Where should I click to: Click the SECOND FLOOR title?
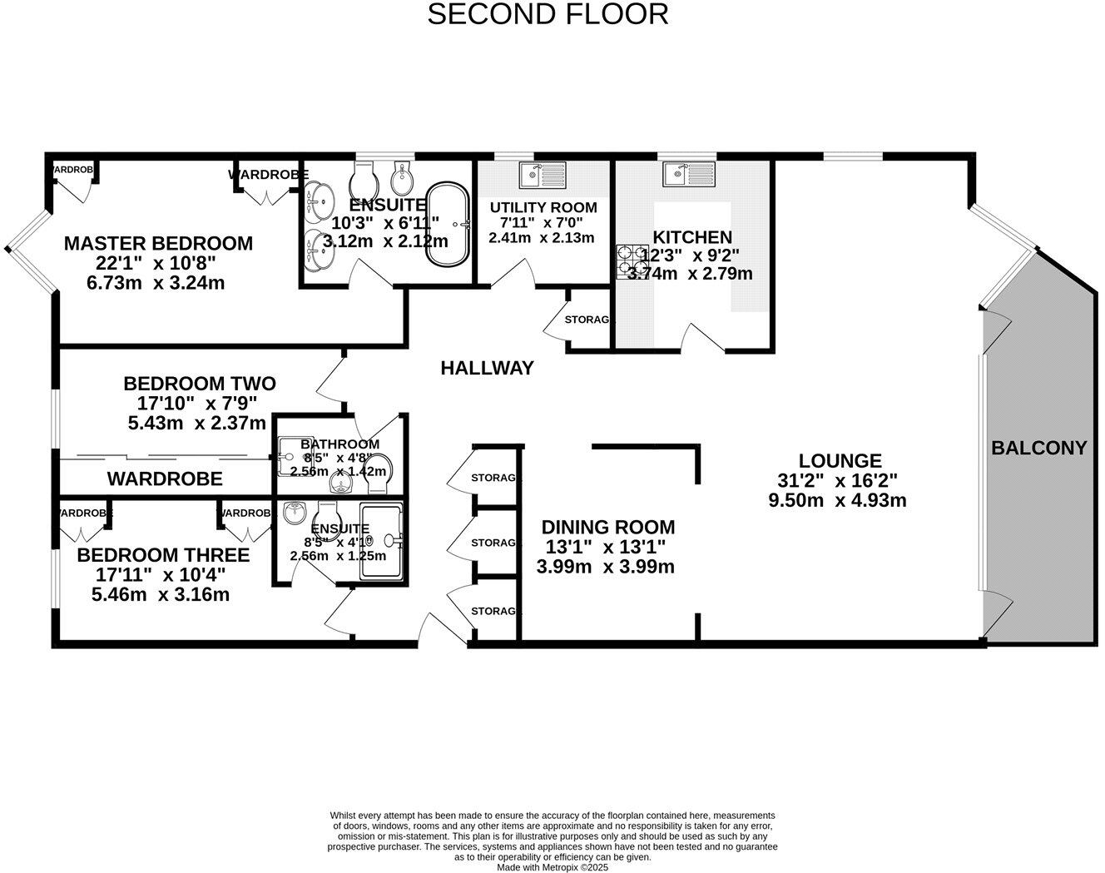click(x=548, y=14)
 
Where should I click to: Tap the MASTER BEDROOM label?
click(x=158, y=243)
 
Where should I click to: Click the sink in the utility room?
click(x=542, y=174)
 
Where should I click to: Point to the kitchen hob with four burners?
click(x=632, y=261)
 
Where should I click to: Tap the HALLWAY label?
click(x=487, y=368)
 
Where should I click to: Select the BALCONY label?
click(x=1038, y=448)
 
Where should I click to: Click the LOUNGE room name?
click(x=840, y=460)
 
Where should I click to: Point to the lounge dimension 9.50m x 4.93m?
click(x=837, y=500)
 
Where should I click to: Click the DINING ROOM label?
click(x=607, y=527)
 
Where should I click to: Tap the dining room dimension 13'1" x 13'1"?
click(x=605, y=547)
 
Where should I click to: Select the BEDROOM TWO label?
click(x=200, y=384)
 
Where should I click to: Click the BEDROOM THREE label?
click(x=163, y=555)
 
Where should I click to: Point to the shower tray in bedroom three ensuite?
click(x=381, y=543)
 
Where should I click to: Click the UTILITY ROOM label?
click(x=543, y=207)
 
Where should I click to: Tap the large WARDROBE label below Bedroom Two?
click(x=165, y=479)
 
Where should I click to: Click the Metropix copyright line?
click(x=552, y=867)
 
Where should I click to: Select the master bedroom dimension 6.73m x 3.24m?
click(x=156, y=283)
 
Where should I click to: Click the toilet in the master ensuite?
click(x=364, y=176)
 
